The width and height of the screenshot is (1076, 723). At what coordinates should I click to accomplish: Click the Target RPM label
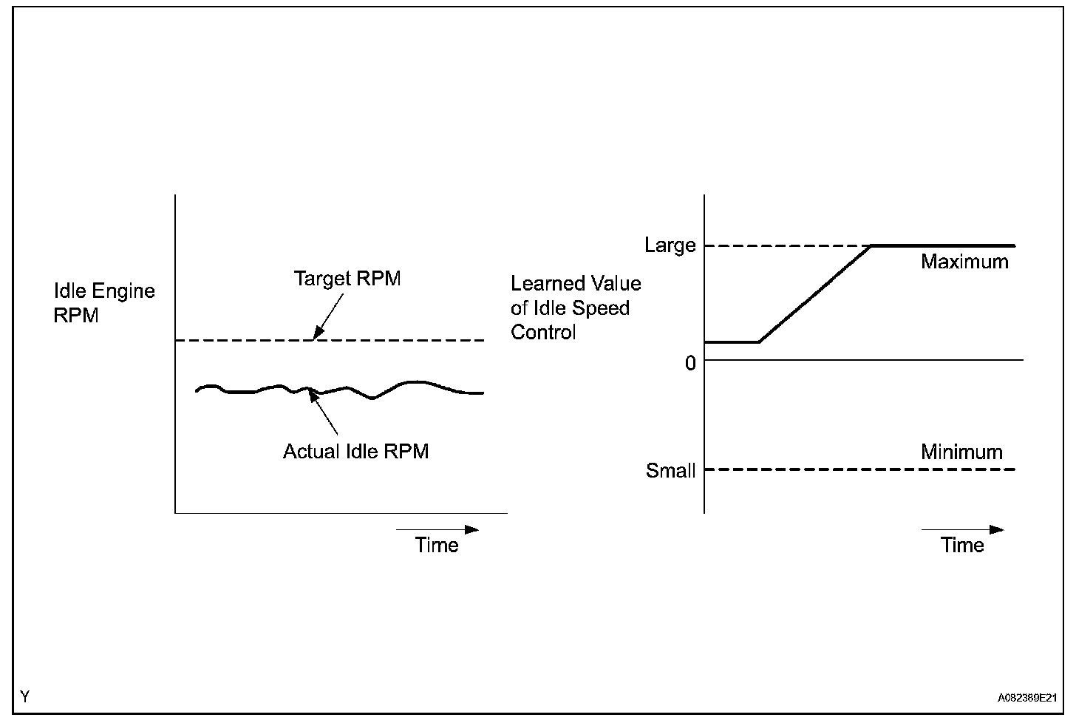click(x=347, y=279)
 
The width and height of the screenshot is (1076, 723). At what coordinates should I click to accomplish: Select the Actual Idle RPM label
click(x=355, y=452)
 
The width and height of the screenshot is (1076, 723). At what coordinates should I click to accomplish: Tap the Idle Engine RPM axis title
click(x=104, y=303)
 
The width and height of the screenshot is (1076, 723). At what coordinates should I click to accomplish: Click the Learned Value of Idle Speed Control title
click(x=575, y=308)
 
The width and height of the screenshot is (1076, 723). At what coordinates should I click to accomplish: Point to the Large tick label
click(x=670, y=245)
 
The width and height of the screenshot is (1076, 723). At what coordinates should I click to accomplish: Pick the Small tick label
click(x=670, y=471)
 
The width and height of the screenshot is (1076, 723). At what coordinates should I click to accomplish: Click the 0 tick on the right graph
click(x=690, y=363)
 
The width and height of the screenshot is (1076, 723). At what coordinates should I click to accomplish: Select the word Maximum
click(x=964, y=262)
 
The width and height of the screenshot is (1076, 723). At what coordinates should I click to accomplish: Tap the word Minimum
click(x=961, y=452)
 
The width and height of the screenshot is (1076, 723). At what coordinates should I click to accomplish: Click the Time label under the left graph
click(x=436, y=546)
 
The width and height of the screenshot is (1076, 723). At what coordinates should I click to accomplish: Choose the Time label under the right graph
click(x=962, y=546)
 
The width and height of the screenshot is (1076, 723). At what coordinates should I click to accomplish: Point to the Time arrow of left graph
click(x=437, y=529)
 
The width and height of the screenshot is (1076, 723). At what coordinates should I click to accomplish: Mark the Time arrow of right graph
click(x=963, y=529)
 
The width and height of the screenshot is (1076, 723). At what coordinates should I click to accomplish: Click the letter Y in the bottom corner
click(x=25, y=696)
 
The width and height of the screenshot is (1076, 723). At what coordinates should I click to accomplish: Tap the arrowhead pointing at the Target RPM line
click(x=318, y=333)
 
